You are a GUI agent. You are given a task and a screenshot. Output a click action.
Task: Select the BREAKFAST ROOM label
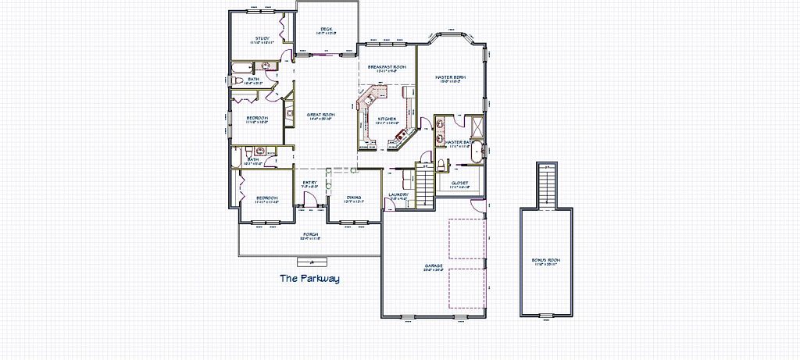387,67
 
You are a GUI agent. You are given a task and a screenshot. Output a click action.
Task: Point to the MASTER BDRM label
450,76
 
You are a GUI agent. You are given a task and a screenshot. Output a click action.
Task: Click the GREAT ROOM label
321,114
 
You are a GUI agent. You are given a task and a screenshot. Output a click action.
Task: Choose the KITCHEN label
386,119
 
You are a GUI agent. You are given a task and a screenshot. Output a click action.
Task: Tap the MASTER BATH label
456,142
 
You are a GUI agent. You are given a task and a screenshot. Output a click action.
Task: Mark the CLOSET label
459,183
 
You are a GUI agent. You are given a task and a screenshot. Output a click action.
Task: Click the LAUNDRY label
398,194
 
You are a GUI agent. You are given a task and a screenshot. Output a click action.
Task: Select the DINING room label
353,198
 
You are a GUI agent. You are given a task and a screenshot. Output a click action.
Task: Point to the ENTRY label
309,184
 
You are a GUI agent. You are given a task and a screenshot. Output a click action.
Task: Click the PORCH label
311,234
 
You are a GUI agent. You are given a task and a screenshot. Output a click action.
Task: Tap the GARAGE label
434,266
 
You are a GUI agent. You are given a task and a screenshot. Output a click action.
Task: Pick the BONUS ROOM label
547,260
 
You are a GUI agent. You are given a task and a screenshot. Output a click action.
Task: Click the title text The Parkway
309,277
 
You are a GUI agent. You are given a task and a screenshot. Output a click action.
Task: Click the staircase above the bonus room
547,185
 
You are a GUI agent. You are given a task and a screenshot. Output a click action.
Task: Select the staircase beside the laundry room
423,184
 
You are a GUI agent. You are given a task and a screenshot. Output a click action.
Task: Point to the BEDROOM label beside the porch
267,198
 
